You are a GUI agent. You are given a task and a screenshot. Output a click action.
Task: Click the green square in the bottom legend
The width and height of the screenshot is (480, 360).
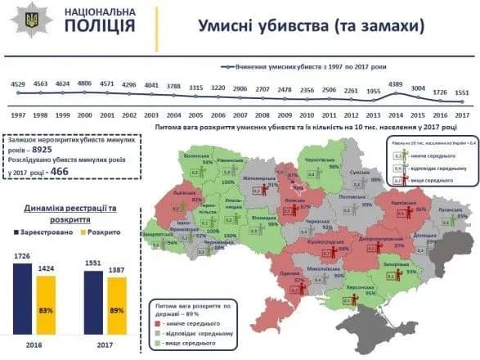click(159, 344)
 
